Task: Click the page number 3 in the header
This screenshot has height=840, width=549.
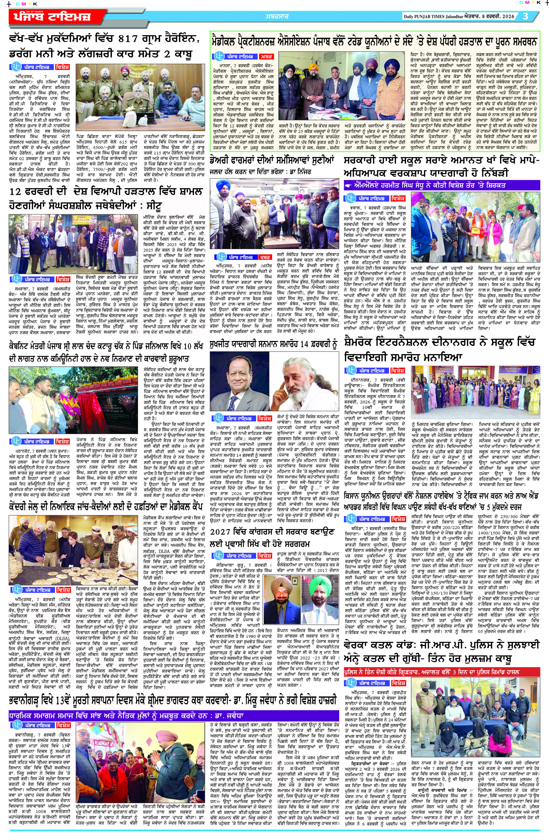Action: (x=525, y=16)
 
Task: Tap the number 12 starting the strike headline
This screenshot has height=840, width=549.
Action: (x=16, y=192)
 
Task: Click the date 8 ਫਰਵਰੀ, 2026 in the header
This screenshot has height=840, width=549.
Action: (x=496, y=16)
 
